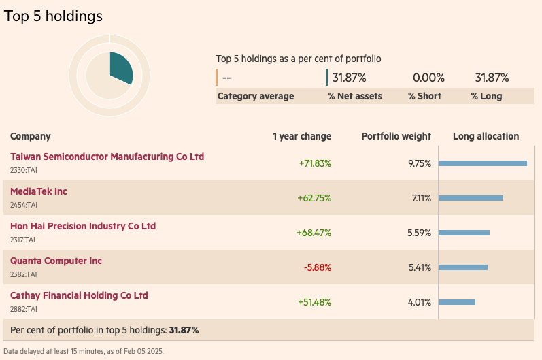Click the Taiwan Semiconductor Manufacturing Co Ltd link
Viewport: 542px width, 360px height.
[107, 157]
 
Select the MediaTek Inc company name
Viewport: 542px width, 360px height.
[39, 191]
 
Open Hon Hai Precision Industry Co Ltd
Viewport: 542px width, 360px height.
[83, 226]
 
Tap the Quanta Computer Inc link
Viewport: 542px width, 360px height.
[56, 261]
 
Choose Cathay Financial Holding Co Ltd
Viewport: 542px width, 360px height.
[79, 295]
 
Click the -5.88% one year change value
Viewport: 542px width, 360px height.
[317, 267]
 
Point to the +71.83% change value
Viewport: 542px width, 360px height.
[315, 163]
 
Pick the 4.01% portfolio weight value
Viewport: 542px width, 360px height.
[420, 302]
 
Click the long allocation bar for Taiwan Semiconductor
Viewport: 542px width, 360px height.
[483, 163]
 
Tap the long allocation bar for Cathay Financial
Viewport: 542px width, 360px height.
[457, 302]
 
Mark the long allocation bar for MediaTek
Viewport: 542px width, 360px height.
[471, 198]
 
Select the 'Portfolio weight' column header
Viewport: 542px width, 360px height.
[396, 136]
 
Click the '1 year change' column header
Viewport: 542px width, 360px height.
[302, 136]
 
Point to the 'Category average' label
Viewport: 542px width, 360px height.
[256, 96]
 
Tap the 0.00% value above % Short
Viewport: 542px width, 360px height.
[428, 78]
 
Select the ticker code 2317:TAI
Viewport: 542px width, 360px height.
[23, 240]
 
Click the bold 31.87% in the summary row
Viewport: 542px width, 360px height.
[184, 330]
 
